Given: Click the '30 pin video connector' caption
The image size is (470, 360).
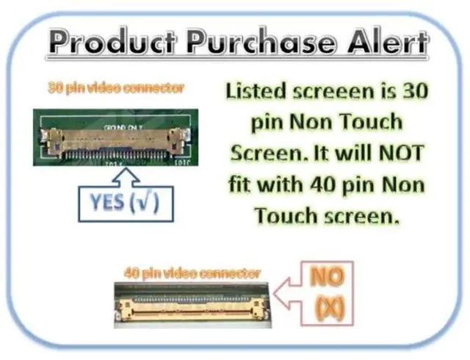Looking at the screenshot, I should coord(116,88).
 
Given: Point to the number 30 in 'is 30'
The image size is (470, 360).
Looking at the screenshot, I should coord(413,93).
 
